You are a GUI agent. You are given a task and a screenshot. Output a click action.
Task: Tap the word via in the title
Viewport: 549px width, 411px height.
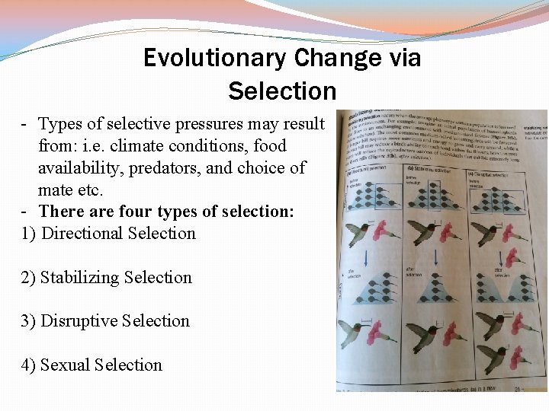[403, 58]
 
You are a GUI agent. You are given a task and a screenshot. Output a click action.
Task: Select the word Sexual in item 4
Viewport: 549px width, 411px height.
[66, 365]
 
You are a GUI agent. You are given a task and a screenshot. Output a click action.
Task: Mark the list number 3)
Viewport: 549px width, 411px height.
[28, 320]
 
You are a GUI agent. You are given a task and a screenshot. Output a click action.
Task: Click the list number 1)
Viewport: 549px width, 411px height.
[28, 233]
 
